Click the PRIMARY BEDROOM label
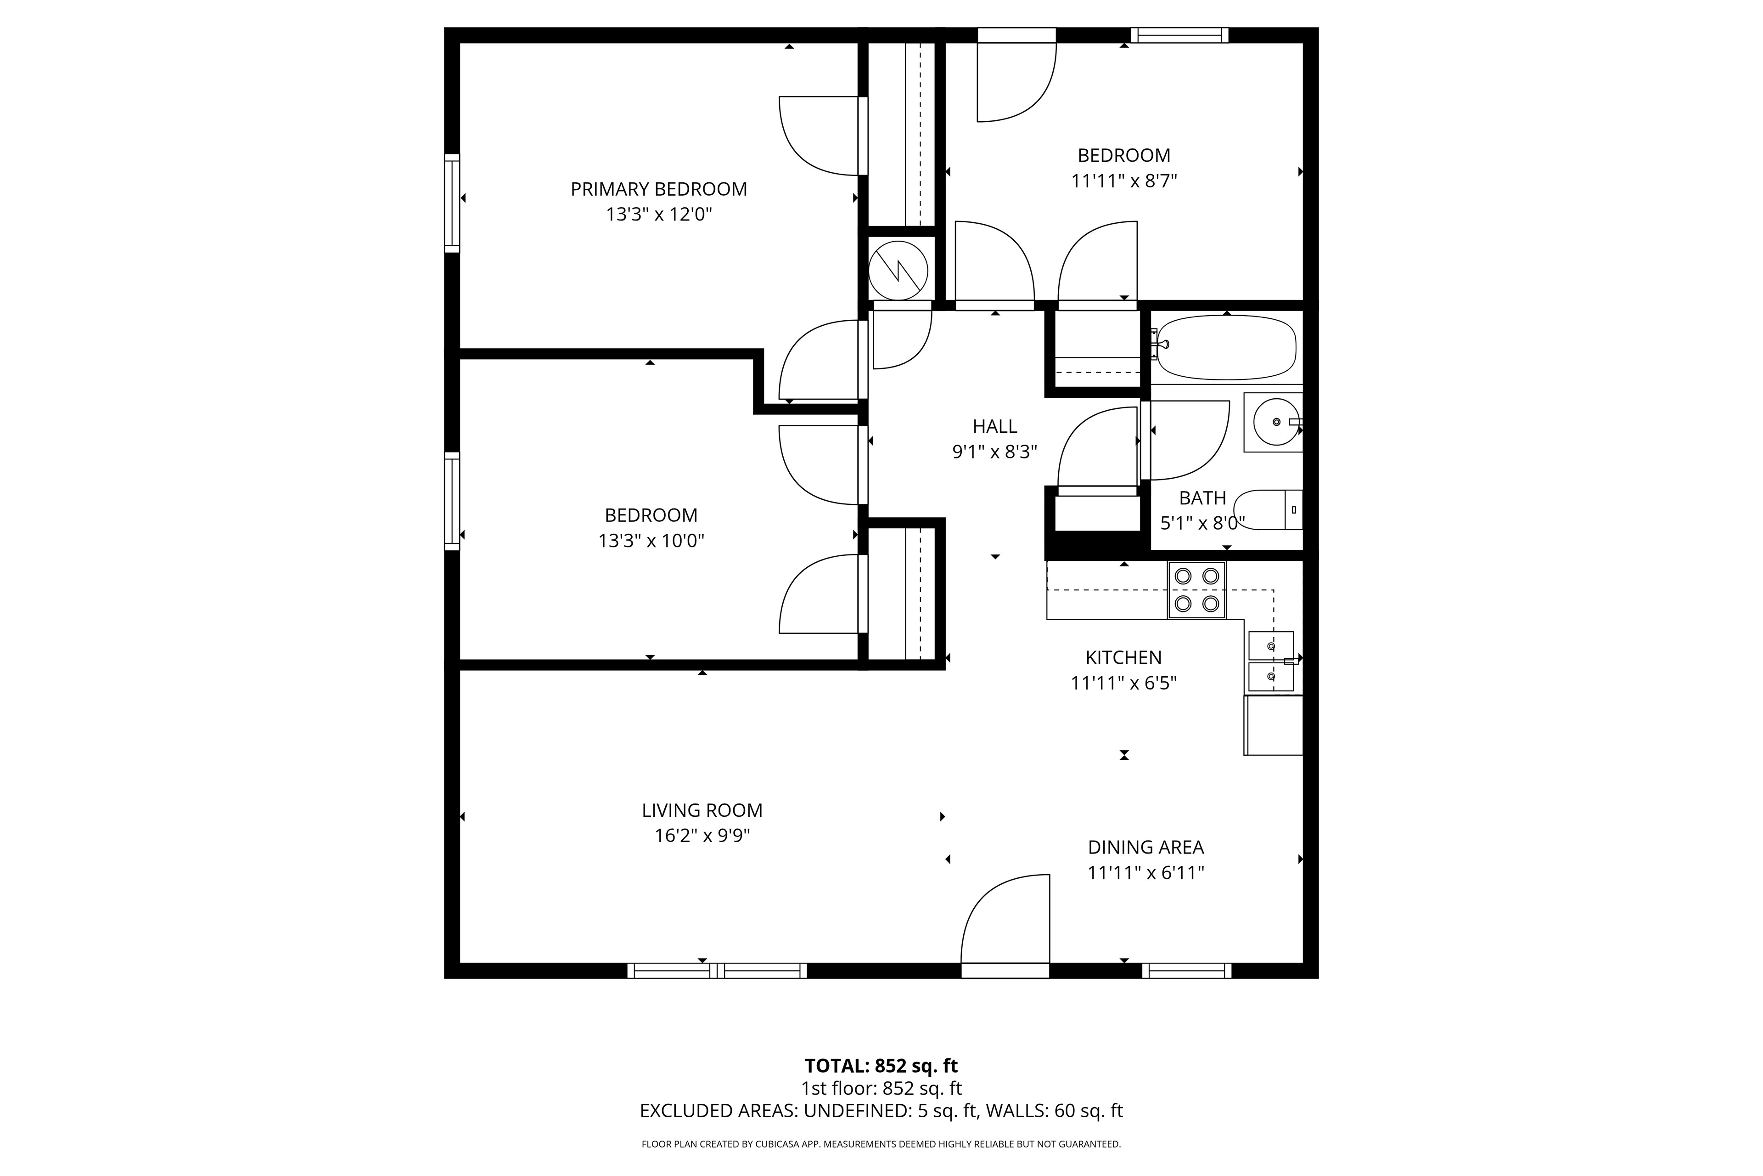point(659,189)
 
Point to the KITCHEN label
point(1123,658)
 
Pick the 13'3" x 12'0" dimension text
point(659,215)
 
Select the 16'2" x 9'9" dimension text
point(702,836)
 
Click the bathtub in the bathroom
point(1226,347)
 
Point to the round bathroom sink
point(1276,422)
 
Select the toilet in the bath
point(1268,510)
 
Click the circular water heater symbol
point(898,270)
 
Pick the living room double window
point(717,971)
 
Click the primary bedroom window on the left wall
point(452,203)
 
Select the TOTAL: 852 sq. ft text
point(881,1066)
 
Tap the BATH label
point(1202,498)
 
